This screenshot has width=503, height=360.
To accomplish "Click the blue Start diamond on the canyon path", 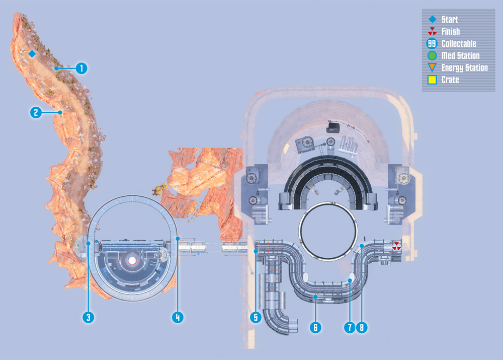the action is tap(32, 54).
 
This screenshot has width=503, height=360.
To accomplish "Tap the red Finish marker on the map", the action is tap(397, 246).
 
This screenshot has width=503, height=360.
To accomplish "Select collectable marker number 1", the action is tap(81, 68).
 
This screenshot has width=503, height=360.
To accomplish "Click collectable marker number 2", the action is tap(36, 112).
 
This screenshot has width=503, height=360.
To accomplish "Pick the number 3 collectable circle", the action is tap(89, 317).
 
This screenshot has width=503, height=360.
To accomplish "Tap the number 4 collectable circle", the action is tap(178, 317).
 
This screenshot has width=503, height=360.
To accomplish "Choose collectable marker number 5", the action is tap(256, 317).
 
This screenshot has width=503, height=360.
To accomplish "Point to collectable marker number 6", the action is tap(315, 327).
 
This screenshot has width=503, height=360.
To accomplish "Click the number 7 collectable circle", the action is tap(350, 327).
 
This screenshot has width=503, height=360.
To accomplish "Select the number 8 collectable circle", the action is tap(362, 327).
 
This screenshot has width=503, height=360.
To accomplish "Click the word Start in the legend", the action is tap(450, 20).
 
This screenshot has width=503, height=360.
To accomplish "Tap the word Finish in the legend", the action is tap(451, 32).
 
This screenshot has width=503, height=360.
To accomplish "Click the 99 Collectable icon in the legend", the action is tap(432, 44).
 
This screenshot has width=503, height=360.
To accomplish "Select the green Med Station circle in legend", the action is tap(432, 55).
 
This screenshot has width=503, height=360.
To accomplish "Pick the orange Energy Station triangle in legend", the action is tap(432, 67).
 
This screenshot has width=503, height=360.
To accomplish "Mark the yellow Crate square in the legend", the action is tap(432, 80).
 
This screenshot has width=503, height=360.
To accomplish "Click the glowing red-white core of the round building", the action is tap(132, 260).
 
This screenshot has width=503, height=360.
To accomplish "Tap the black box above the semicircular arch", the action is tap(333, 127).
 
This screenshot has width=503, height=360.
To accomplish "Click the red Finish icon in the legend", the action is tap(432, 32).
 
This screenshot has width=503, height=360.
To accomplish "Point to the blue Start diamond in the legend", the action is tap(433, 19).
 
